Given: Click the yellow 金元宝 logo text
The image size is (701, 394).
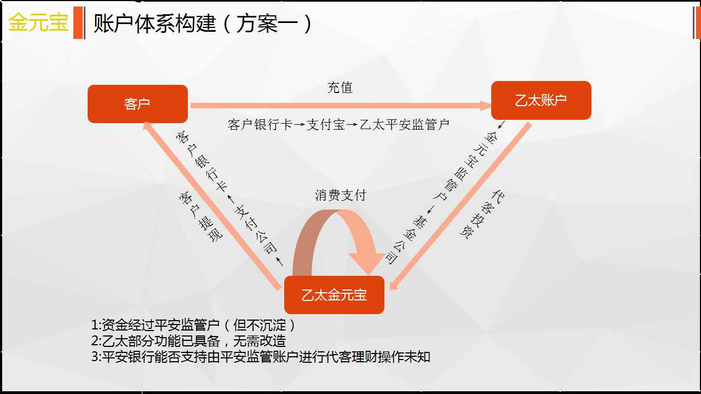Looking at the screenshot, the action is (x=38, y=22).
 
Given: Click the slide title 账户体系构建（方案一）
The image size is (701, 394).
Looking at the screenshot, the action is (x=203, y=24).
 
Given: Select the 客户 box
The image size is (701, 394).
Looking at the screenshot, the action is (x=137, y=104).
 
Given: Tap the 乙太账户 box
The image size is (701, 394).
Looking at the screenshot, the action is (x=541, y=100).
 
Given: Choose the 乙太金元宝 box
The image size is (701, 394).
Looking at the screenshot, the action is (x=334, y=295).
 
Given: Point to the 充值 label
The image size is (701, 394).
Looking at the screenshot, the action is (x=340, y=88).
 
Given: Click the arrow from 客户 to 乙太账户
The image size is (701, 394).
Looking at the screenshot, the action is (x=341, y=106).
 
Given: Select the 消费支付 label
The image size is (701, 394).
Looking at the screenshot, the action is (x=341, y=195).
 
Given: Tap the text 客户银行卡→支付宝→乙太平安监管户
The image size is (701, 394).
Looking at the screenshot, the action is (x=338, y=125).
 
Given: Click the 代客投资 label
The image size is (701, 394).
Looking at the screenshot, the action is (x=482, y=215).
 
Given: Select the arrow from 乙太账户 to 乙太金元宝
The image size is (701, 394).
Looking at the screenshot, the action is (x=461, y=206).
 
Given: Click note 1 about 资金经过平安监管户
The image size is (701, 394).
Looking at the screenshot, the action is (x=193, y=325).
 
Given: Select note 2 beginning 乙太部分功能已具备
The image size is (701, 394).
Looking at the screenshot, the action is (x=189, y=341).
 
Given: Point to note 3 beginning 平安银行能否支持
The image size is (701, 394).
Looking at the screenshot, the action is (x=261, y=357).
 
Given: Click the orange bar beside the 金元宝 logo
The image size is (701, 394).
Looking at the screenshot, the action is (x=78, y=22).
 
